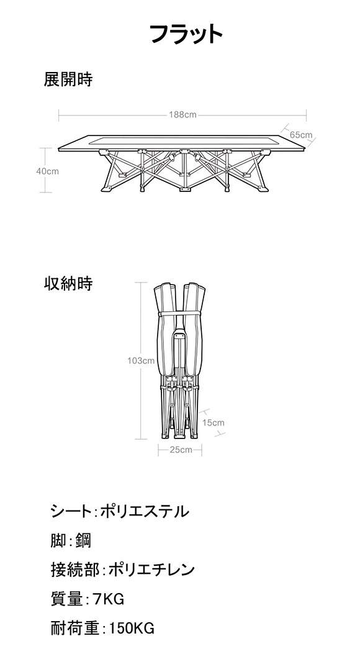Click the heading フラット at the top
(186, 34)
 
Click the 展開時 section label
(68, 79)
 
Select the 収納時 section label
(68, 283)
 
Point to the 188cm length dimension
(182, 115)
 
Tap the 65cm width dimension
(301, 135)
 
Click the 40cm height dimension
(47, 171)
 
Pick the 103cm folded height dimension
(141, 361)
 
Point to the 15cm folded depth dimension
(213, 422)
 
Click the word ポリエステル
(145, 511)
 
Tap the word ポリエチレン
(151, 569)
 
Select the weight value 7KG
(109, 599)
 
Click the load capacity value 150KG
(132, 628)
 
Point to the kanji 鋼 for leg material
(83, 541)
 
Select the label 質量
(67, 599)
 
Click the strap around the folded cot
(180, 314)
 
